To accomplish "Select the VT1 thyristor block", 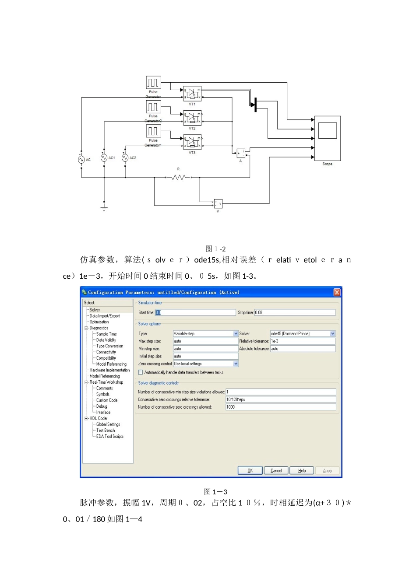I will [x=192, y=93].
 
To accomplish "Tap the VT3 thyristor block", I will [x=192, y=142].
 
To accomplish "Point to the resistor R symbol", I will [x=179, y=177].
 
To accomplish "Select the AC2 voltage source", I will [x=125, y=158].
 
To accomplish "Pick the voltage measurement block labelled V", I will [x=218, y=203].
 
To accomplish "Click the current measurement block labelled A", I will [x=241, y=153].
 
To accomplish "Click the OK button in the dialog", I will [x=250, y=470].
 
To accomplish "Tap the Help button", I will [x=302, y=470].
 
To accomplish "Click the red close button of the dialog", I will [x=337, y=292].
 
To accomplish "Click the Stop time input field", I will [x=295, y=312].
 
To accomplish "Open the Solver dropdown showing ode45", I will [x=303, y=333].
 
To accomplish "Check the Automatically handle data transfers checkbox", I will [x=141, y=372].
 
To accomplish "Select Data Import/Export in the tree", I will [x=104, y=316].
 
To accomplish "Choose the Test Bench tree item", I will [x=106, y=430].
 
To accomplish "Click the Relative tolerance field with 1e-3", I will [x=303, y=341].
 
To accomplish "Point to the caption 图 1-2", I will [x=215, y=248].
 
